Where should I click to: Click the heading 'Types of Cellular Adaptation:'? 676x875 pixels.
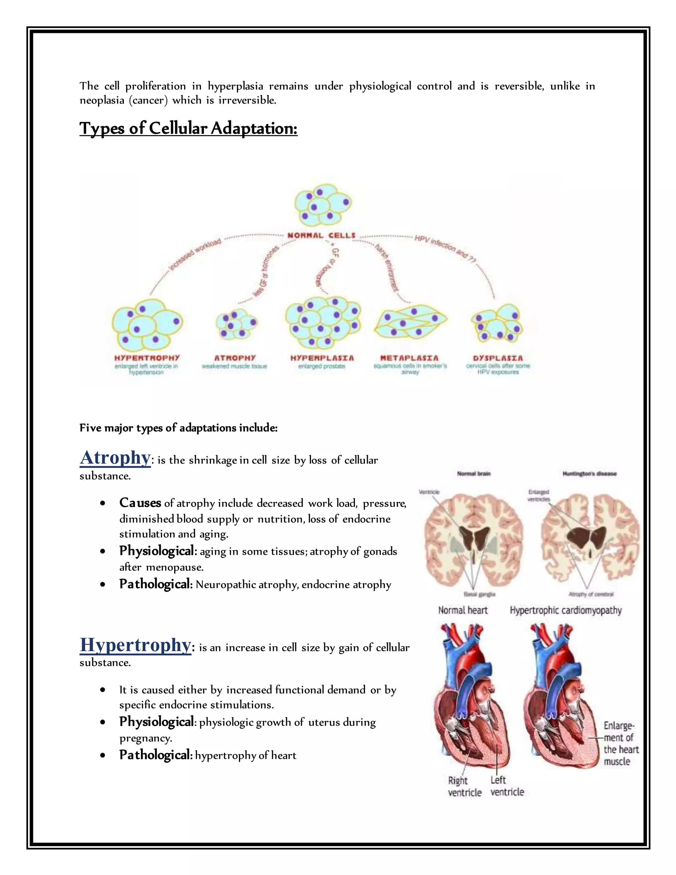point(188,128)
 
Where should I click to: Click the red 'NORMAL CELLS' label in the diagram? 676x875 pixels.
point(321,235)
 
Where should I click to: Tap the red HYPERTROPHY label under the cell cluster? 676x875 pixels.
point(147,358)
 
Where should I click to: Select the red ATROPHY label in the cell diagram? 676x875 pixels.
point(235,358)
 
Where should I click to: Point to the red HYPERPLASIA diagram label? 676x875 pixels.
point(322,358)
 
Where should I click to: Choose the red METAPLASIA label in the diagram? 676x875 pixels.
point(409,358)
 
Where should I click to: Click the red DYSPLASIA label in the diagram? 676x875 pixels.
point(498,358)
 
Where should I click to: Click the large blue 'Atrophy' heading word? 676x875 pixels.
point(115,458)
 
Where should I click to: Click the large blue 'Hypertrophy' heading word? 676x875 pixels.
point(135,645)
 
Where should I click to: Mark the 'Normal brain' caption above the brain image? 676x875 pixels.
point(474,473)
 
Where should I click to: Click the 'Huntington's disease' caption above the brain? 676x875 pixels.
point(589,473)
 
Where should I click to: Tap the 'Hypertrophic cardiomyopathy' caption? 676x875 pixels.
point(565,610)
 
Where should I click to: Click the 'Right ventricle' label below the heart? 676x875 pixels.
point(464,787)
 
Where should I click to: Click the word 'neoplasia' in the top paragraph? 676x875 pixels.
point(102,100)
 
